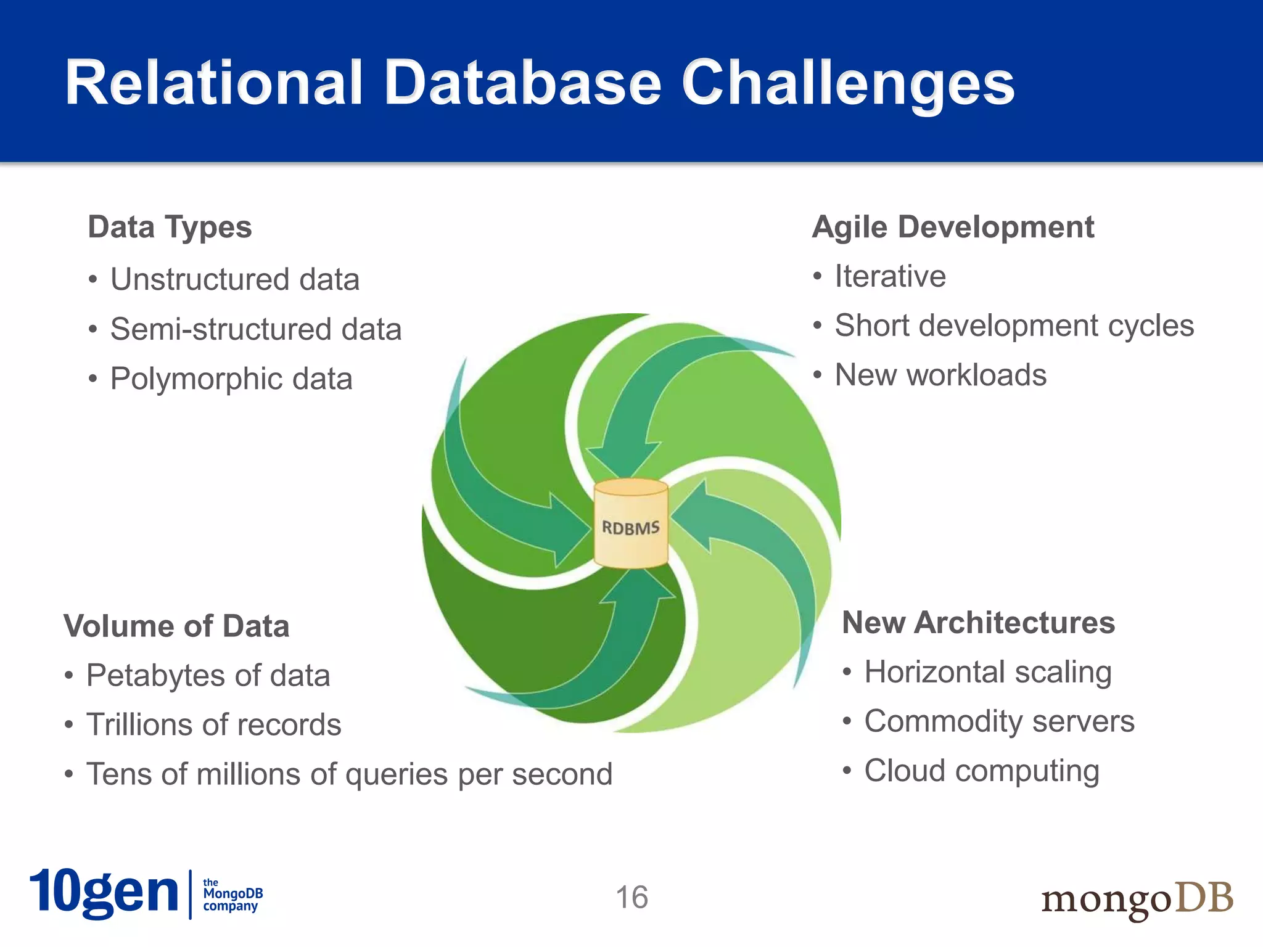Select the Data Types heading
[x=170, y=227]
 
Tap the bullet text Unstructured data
[x=234, y=279]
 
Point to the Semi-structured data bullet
[x=255, y=329]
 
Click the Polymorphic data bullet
[x=231, y=379]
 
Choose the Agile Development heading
[x=953, y=227]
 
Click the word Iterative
[x=889, y=276]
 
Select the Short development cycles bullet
[x=1014, y=326]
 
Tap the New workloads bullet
[x=940, y=375]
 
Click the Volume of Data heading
[x=176, y=626]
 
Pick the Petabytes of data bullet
[x=208, y=675]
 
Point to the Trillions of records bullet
[x=213, y=724]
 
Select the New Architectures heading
[x=978, y=622]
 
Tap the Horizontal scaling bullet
[x=987, y=671]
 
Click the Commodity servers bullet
[x=999, y=721]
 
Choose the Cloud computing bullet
[x=981, y=771]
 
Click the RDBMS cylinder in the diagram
[x=630, y=524]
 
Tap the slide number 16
[x=631, y=897]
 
